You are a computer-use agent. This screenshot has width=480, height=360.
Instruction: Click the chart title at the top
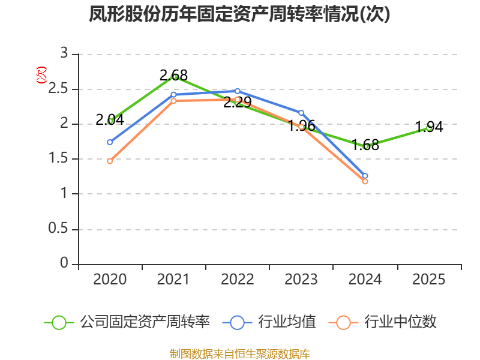(x=239, y=14)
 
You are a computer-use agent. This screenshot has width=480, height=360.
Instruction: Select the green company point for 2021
(x=174, y=77)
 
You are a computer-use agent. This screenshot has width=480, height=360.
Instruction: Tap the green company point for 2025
(x=429, y=127)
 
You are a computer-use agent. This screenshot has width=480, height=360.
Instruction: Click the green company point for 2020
(x=110, y=121)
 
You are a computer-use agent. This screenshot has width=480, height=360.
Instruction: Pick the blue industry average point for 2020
(x=110, y=142)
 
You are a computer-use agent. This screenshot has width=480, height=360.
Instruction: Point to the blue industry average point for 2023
(x=301, y=113)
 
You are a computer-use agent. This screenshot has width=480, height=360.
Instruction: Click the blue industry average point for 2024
(x=365, y=176)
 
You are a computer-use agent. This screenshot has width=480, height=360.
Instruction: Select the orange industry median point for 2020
(x=110, y=161)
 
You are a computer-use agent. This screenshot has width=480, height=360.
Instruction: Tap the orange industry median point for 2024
(x=365, y=181)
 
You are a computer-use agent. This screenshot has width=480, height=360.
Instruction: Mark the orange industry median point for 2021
(x=174, y=101)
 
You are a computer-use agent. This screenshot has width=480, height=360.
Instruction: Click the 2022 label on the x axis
(x=237, y=280)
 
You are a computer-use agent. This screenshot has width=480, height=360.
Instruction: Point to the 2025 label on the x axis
(x=428, y=280)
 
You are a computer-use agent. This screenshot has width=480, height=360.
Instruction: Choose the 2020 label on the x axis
(x=110, y=280)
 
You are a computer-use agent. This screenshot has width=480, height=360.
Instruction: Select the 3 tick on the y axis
(x=64, y=54)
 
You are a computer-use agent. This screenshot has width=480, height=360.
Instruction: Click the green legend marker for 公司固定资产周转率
(x=59, y=322)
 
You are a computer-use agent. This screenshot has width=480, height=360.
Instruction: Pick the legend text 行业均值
(x=287, y=322)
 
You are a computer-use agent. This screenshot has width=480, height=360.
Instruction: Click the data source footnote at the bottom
(x=239, y=353)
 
